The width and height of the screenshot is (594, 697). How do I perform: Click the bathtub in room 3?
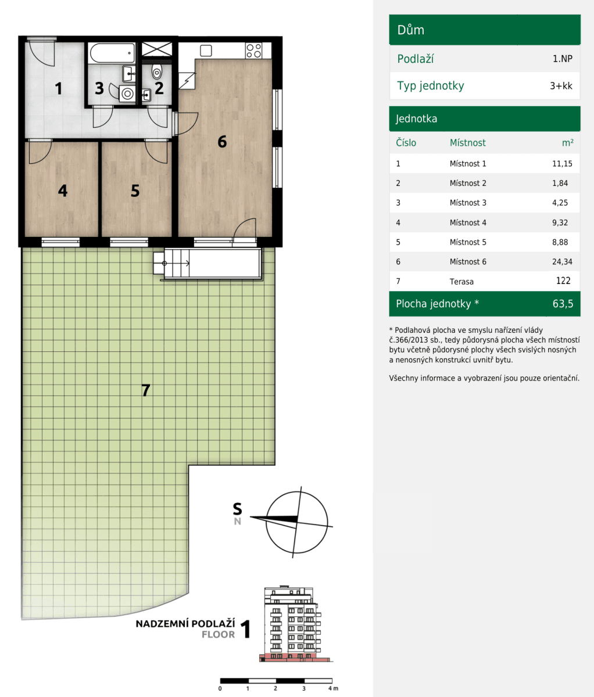pyautogui.click(x=112, y=53)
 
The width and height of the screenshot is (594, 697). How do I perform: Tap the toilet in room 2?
pyautogui.click(x=156, y=73)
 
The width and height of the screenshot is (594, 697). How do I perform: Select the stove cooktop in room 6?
pyautogui.click(x=253, y=51)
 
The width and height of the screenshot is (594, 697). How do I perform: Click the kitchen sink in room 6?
pyautogui.click(x=205, y=50)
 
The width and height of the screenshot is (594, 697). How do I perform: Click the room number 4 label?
pyautogui.click(x=62, y=191)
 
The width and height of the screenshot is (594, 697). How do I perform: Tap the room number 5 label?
pyautogui.click(x=135, y=191)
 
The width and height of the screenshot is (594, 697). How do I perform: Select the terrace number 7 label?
pyautogui.click(x=146, y=390)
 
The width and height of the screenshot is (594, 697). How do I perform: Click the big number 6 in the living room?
pyautogui.click(x=222, y=141)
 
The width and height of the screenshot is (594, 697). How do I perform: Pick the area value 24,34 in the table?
pyautogui.click(x=561, y=262)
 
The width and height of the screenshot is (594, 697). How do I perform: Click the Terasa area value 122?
pyautogui.click(x=563, y=281)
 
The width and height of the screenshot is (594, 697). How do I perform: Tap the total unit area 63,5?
pyautogui.click(x=563, y=304)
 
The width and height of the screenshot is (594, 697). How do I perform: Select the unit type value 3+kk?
pyautogui.click(x=560, y=86)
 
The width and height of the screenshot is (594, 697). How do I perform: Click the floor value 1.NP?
pyautogui.click(x=562, y=59)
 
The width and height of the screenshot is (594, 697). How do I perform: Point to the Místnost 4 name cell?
pyautogui.click(x=467, y=222)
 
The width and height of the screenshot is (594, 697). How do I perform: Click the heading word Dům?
pyautogui.click(x=410, y=30)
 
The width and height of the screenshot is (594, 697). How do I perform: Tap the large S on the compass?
pyautogui.click(x=237, y=509)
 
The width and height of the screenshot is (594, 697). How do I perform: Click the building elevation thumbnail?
pyautogui.click(x=291, y=624)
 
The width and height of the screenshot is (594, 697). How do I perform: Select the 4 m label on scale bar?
pyautogui.click(x=332, y=688)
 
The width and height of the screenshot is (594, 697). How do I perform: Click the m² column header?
pyautogui.click(x=567, y=143)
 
